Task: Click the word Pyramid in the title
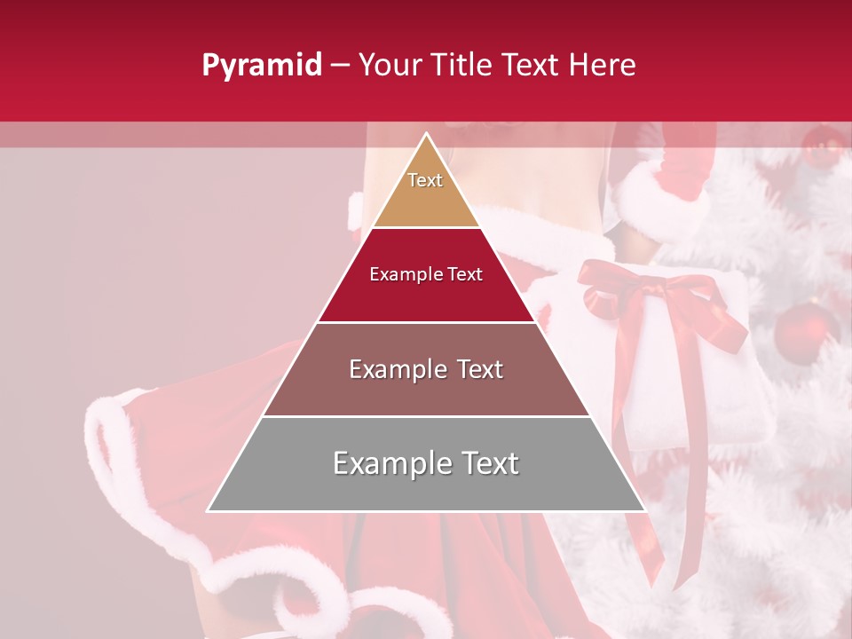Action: (x=261, y=66)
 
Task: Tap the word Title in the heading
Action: (x=464, y=66)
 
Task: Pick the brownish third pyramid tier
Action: (x=426, y=390)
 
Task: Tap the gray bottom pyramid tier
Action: (x=426, y=484)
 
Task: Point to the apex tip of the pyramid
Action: (x=426, y=135)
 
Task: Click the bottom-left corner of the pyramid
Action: (x=209, y=510)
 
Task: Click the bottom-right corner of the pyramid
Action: (x=643, y=510)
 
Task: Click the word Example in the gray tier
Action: (x=390, y=463)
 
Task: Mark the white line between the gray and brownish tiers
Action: (x=426, y=416)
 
